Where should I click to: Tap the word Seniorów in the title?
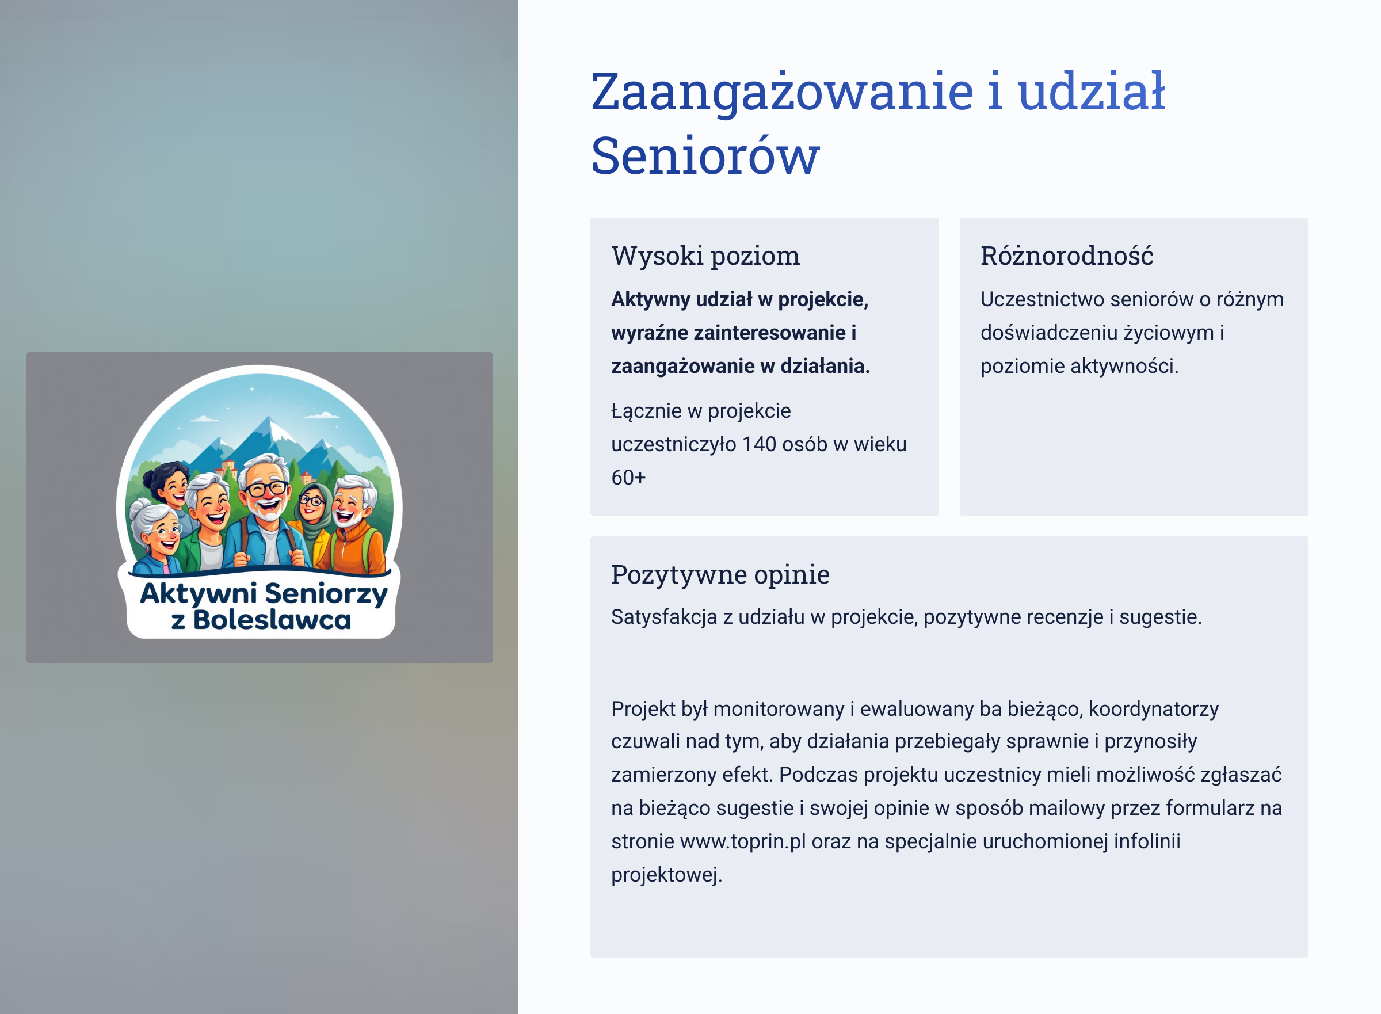(x=705, y=156)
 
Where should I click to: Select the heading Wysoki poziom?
(x=706, y=256)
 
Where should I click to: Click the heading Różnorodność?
(x=1067, y=256)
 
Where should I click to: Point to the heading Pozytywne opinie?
(x=720, y=574)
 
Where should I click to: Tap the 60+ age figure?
(x=628, y=478)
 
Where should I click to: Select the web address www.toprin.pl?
(x=743, y=841)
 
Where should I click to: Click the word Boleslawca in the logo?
(x=273, y=620)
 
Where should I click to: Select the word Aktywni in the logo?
(x=199, y=594)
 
